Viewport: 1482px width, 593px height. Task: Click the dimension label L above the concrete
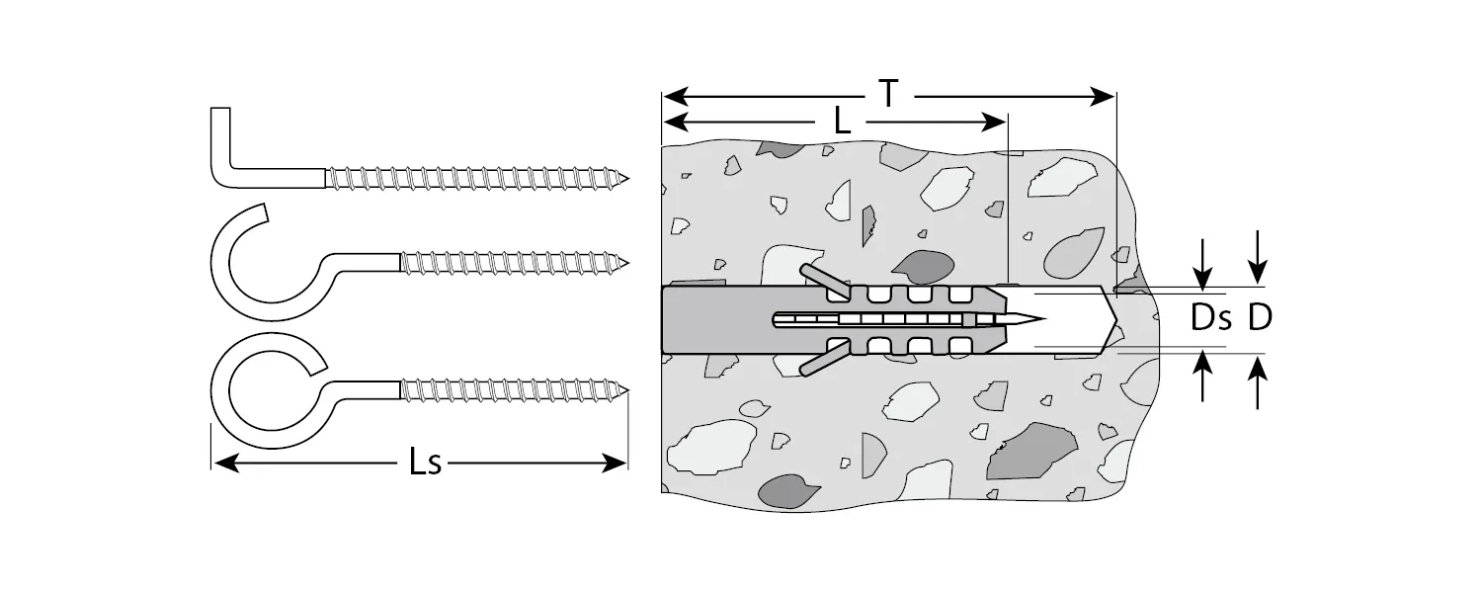point(841,122)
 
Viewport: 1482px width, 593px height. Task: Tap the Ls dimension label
point(426,463)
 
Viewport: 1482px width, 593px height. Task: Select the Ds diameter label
point(1210,318)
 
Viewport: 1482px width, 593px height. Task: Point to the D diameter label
point(1259,318)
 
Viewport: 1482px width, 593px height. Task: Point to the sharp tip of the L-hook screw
point(626,179)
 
